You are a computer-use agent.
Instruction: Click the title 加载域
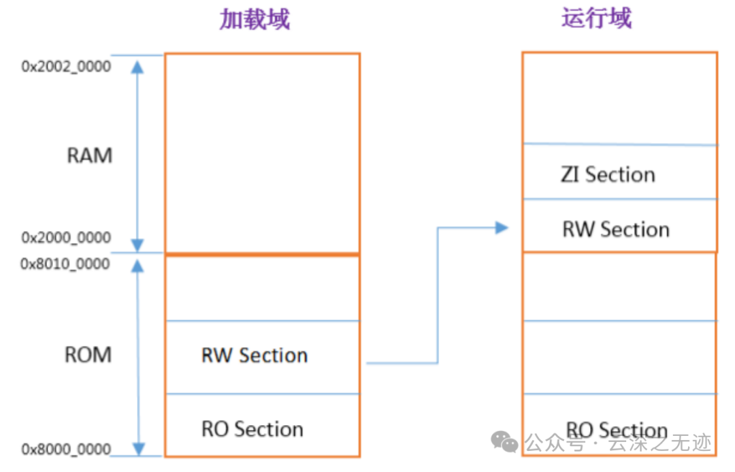click(255, 20)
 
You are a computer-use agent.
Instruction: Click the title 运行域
click(596, 18)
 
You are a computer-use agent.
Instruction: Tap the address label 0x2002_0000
click(66, 67)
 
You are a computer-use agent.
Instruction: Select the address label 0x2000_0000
click(66, 238)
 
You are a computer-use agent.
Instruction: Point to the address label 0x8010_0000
click(66, 264)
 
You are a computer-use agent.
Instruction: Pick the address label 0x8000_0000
click(66, 450)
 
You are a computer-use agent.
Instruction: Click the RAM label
click(89, 155)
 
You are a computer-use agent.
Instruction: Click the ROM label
click(88, 355)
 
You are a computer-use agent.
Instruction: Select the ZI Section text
click(608, 174)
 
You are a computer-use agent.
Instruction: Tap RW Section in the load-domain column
click(255, 356)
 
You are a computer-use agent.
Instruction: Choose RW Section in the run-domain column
click(616, 229)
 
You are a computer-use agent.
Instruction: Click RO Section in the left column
click(252, 429)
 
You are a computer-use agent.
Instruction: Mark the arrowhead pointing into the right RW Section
click(502, 228)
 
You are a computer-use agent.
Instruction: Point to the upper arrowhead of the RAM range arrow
click(138, 66)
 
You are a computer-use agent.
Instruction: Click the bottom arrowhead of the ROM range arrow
click(138, 450)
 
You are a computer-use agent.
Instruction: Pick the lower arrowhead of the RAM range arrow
click(138, 245)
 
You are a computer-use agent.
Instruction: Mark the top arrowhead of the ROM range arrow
click(138, 265)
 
